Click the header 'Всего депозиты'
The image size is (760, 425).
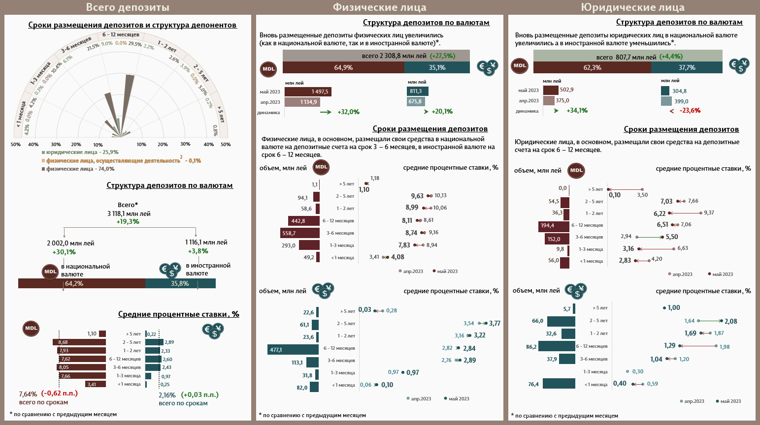(x=128, y=7)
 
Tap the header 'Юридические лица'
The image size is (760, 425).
(x=632, y=7)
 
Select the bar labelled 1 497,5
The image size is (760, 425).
(x=308, y=91)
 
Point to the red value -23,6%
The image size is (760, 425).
(x=690, y=111)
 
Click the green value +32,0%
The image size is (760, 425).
(x=348, y=112)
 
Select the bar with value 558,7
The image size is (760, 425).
(x=300, y=233)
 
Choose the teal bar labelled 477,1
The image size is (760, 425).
(x=293, y=350)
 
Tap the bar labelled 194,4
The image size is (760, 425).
(x=554, y=226)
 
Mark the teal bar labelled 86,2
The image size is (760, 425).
(x=557, y=347)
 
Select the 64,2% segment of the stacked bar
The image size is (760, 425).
(x=82, y=283)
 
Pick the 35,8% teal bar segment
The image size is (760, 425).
(x=180, y=283)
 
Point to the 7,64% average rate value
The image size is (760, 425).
(x=28, y=394)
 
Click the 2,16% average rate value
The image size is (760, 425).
(x=167, y=395)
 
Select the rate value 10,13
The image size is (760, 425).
(x=440, y=196)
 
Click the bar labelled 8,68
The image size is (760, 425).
(x=79, y=342)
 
